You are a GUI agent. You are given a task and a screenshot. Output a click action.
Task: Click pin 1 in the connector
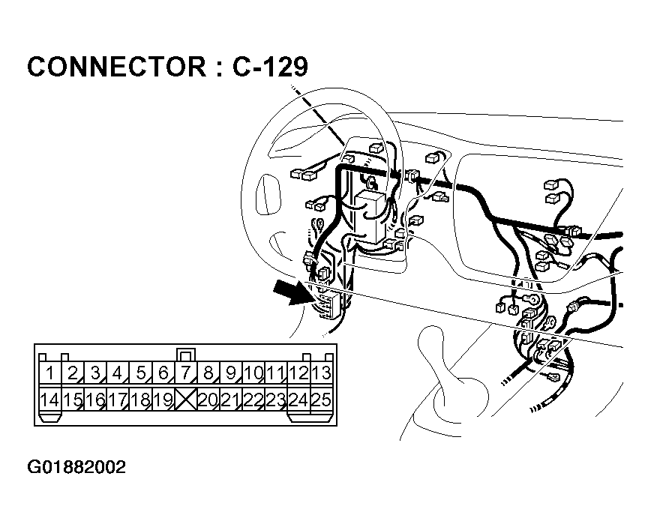click(x=49, y=373)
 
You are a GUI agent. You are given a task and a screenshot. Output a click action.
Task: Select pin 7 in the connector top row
click(x=185, y=373)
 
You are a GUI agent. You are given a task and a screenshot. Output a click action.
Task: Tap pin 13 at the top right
click(x=321, y=373)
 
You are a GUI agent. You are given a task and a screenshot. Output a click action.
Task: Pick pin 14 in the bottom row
click(x=49, y=400)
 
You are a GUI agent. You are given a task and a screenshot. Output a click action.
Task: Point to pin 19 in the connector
click(x=163, y=400)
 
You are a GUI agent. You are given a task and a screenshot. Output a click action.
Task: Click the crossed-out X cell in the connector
click(x=185, y=400)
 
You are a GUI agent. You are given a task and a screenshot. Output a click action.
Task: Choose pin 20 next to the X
click(x=208, y=400)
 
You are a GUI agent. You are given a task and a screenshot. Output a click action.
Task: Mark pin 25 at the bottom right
click(x=321, y=400)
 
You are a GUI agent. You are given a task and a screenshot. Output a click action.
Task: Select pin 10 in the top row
click(x=253, y=373)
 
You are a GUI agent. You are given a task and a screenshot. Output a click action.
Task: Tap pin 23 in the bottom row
click(x=276, y=400)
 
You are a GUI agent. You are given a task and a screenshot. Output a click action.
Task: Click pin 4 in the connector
click(x=117, y=373)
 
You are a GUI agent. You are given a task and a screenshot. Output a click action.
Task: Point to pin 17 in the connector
click(x=117, y=400)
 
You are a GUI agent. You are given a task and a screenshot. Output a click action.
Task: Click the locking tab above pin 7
click(x=185, y=354)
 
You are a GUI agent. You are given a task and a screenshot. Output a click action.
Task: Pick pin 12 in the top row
click(x=298, y=373)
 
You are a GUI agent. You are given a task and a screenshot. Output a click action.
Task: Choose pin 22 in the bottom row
click(x=253, y=400)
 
